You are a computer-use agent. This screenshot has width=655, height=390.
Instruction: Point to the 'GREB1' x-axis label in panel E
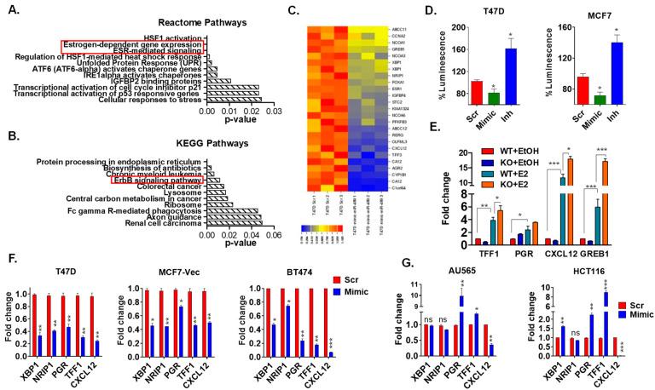pyautogui.click(x=606, y=253)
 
